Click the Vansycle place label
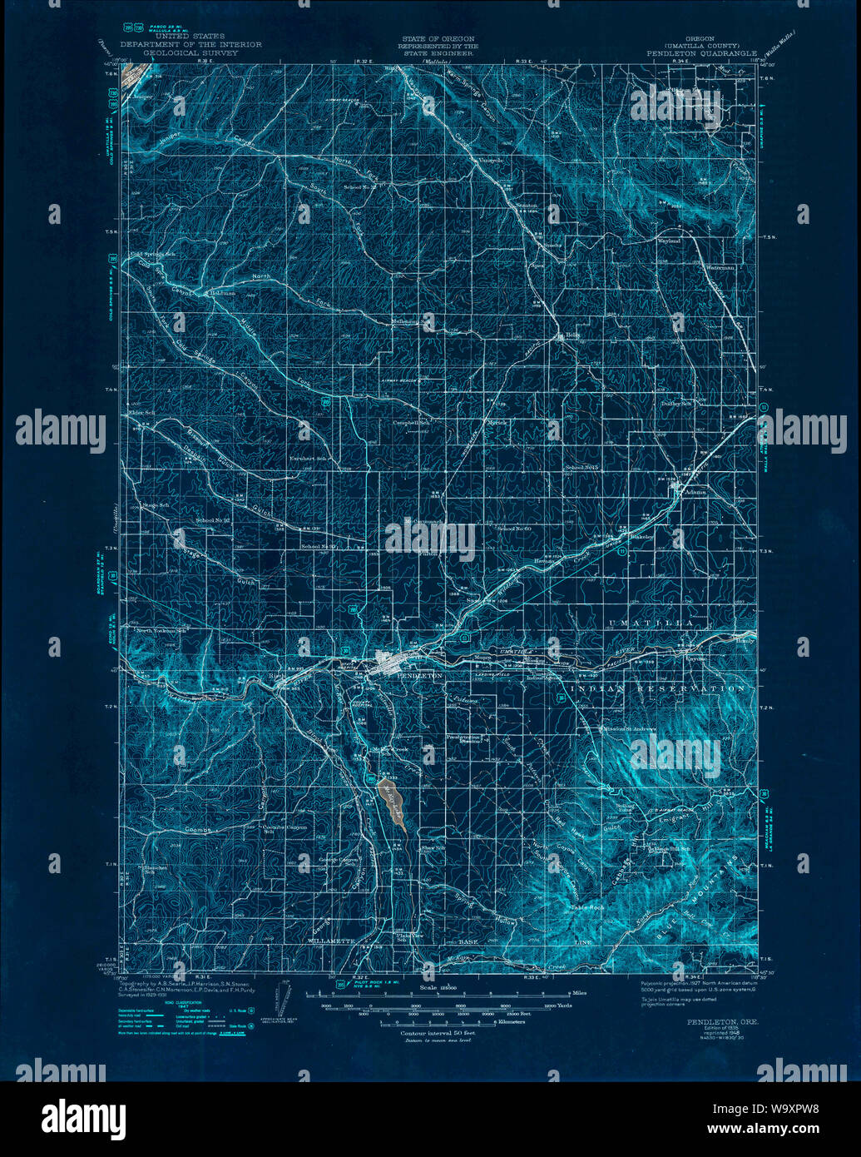pyautogui.click(x=488, y=161)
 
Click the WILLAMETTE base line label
pyautogui.click(x=332, y=941)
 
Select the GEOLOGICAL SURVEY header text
pyautogui.click(x=191, y=52)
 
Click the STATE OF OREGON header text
pyautogui.click(x=438, y=38)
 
